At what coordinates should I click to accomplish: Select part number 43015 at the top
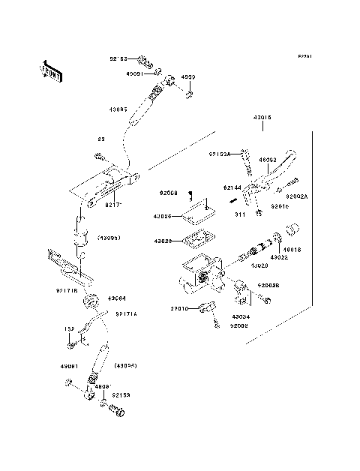262,117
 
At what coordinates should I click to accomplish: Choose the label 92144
232,187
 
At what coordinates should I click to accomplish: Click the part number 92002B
270,285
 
